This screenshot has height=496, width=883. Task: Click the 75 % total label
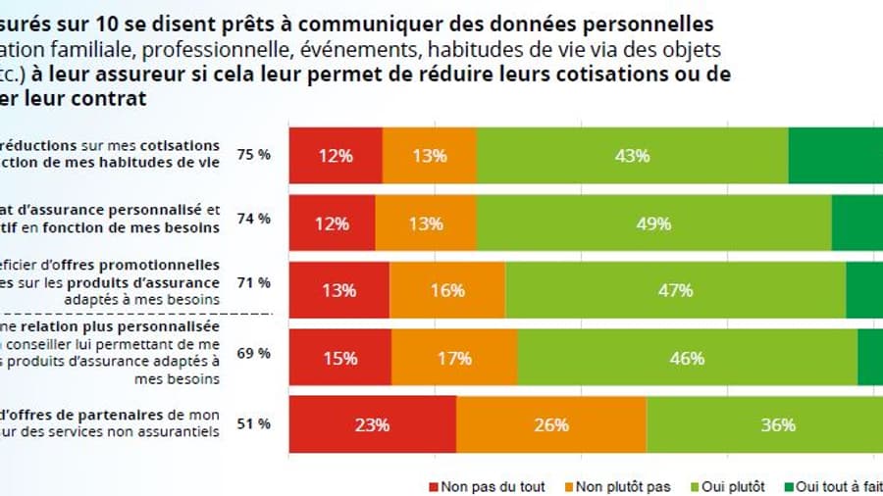254,155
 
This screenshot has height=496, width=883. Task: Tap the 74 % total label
254,219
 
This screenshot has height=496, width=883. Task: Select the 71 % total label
254,283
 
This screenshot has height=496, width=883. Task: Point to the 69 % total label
254,352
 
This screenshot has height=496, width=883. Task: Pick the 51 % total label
254,424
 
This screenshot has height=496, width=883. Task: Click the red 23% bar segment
373,424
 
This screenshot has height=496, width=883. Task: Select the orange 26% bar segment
551,424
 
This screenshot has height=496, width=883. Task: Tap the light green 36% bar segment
764,424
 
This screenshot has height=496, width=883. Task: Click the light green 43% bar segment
633,155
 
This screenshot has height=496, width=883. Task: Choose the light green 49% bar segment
653,223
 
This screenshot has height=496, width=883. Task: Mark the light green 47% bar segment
675,290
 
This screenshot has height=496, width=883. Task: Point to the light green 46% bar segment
687,358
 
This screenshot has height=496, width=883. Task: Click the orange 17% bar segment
454,358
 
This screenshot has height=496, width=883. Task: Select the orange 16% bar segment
447,290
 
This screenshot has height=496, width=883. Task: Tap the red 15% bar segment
340,358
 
